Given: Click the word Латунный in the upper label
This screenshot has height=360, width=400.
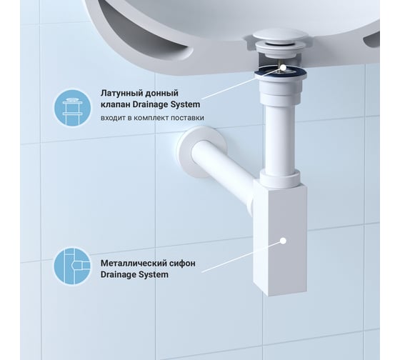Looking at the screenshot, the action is click(121, 94).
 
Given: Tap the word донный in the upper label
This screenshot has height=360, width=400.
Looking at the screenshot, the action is click(161, 94).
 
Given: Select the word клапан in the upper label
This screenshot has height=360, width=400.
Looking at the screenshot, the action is click(115, 104).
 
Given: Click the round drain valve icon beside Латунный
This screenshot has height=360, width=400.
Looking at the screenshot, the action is click(72, 108).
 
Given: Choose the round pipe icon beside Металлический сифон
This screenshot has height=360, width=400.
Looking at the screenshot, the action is click(72, 266).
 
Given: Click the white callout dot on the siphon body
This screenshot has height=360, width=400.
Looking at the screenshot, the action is click(283, 241).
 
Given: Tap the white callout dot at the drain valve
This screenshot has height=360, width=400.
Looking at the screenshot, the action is click(283, 67).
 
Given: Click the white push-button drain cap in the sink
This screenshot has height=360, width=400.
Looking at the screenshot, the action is click(281, 39).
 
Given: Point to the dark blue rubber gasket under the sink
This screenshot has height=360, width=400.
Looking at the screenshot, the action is click(281, 73).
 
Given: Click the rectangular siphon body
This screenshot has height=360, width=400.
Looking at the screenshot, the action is click(280, 239).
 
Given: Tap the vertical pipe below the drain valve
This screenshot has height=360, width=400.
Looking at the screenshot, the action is click(280, 139).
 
